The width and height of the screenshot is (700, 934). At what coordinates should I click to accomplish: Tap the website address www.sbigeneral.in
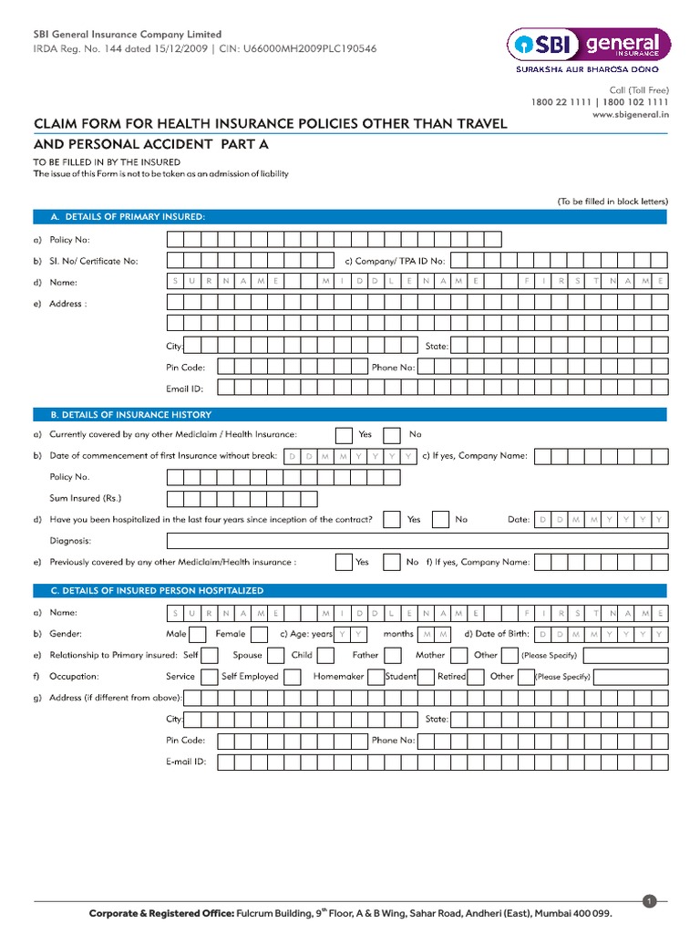pos(631,114)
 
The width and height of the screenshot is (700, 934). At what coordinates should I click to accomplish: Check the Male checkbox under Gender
pos(200,633)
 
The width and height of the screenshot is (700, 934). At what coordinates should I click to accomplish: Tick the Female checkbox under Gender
pos(259,633)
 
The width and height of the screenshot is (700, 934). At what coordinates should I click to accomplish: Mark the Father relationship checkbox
pos(393,655)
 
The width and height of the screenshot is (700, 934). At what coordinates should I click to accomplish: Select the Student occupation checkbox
pos(427,677)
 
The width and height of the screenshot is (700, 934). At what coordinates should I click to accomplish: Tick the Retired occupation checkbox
pos(477,677)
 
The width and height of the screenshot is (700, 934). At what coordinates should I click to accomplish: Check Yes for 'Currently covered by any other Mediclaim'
pos(345,435)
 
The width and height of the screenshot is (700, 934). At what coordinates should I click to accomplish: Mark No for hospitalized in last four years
pos(440,519)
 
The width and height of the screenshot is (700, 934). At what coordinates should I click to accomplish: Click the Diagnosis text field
pos(417,541)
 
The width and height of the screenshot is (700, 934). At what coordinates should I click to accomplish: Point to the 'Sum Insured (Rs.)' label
pos(85,498)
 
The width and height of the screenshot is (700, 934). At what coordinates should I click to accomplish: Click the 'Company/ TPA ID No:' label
pos(395,261)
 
